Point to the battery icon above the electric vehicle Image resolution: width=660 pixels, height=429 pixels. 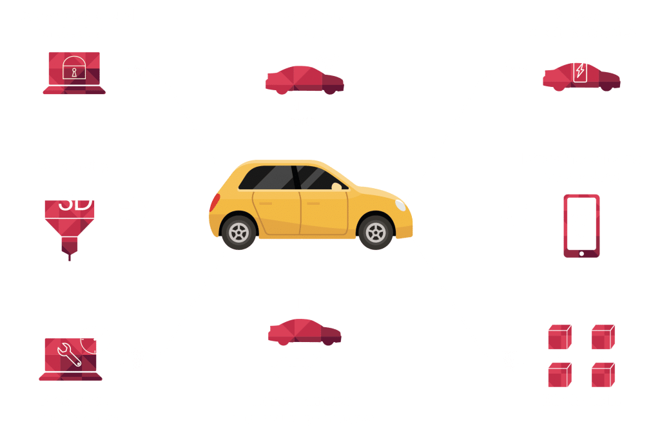pos(580,69)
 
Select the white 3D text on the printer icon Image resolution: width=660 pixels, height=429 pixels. pos(76,201)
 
